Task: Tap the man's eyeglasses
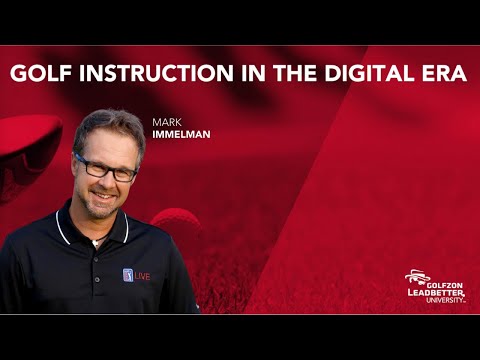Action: tap(104, 167)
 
